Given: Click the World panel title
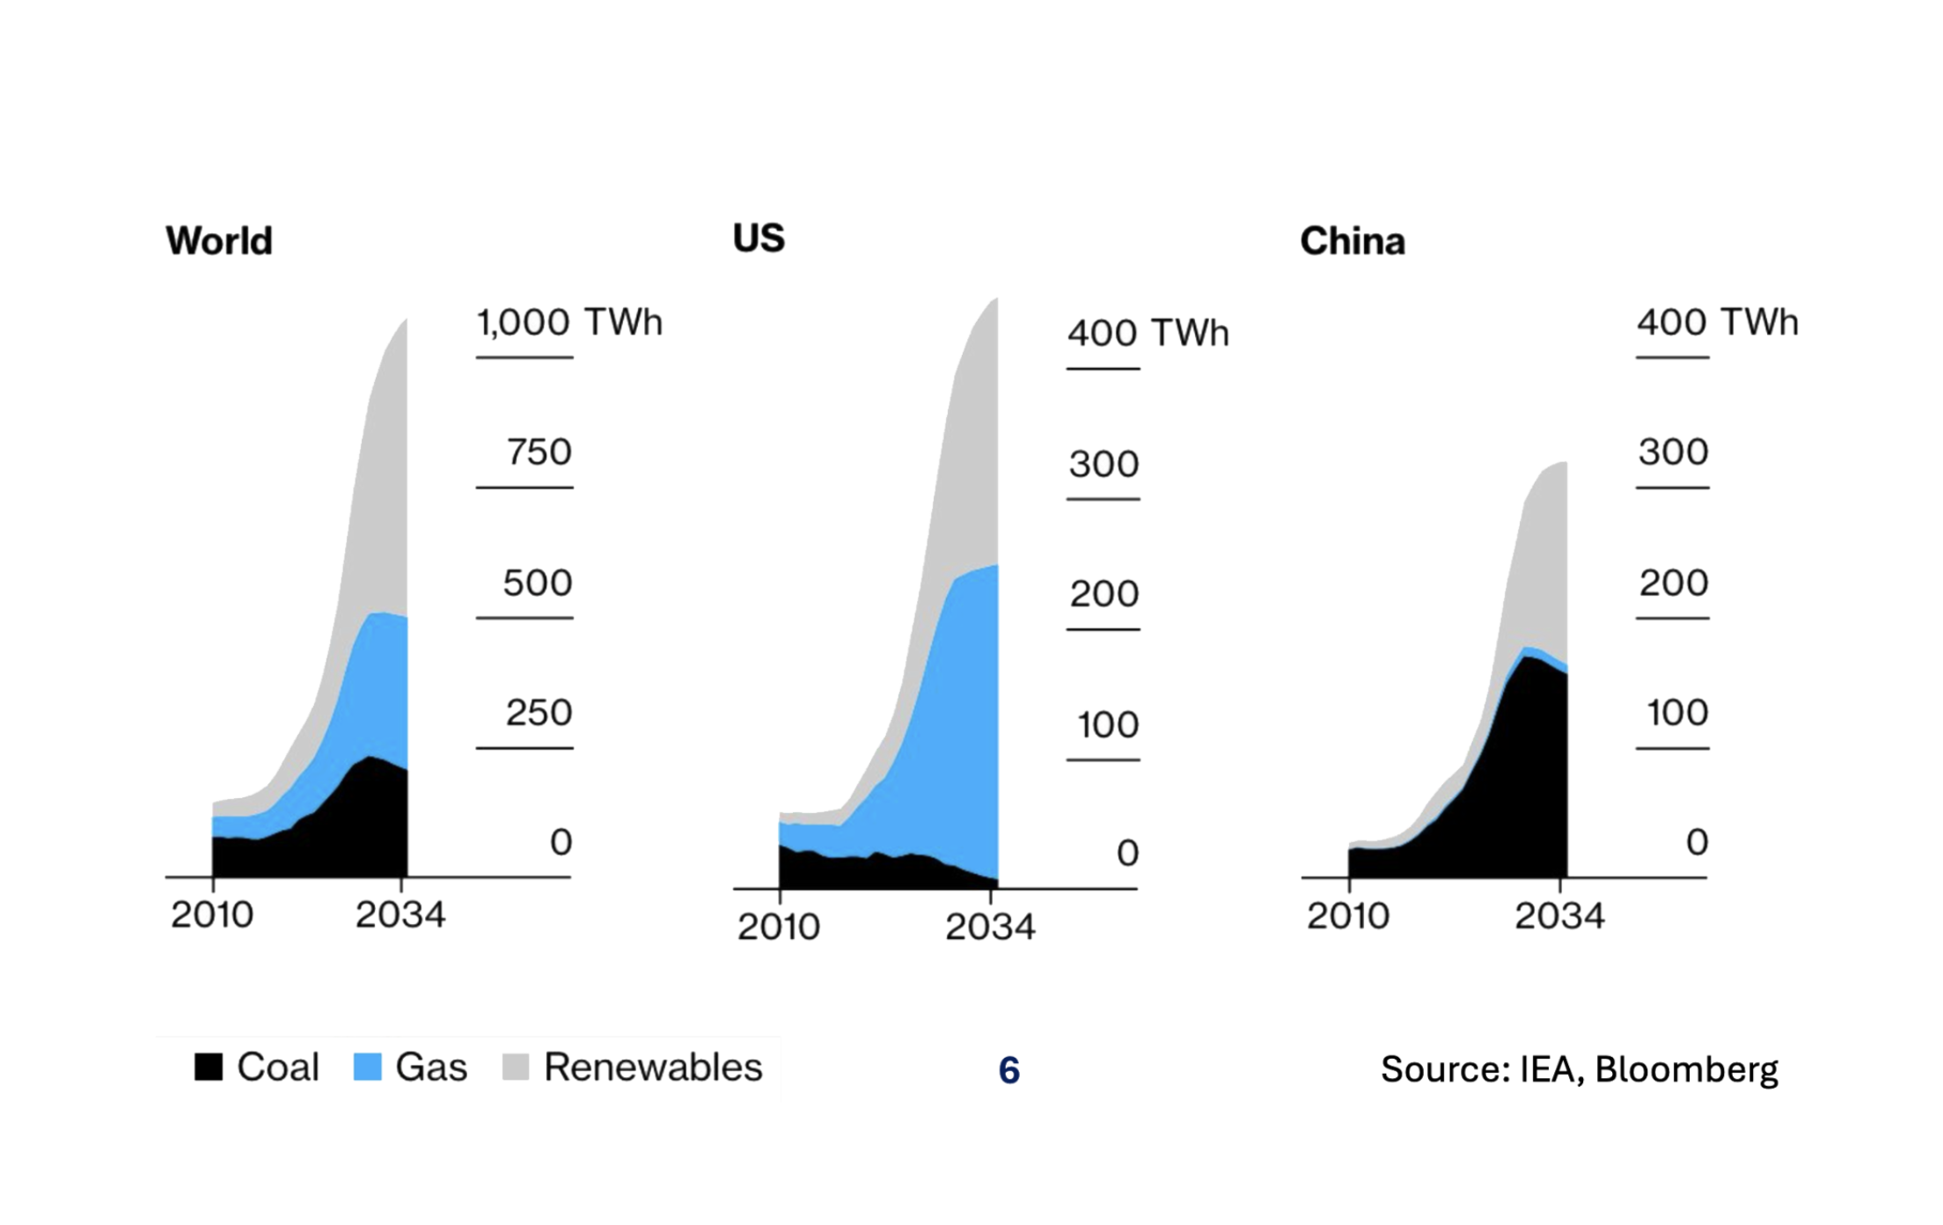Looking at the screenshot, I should pyautogui.click(x=219, y=240).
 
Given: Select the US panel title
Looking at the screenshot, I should pyautogui.click(x=759, y=238).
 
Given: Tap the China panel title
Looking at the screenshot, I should pyautogui.click(x=1353, y=241).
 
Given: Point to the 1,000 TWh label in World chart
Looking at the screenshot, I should pyautogui.click(x=568, y=322).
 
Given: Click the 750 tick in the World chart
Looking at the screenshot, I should pyautogui.click(x=539, y=452).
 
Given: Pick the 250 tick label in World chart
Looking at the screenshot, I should pyautogui.click(x=539, y=713).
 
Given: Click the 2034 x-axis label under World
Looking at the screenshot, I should pyautogui.click(x=400, y=915).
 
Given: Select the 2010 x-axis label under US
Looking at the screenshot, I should pyautogui.click(x=779, y=927).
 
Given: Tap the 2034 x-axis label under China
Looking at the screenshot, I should pyautogui.click(x=1559, y=916).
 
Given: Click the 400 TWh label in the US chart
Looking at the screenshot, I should pyautogui.click(x=1147, y=334).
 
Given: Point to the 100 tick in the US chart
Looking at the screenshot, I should pyautogui.click(x=1108, y=725).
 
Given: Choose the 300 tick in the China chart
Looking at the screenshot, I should pyautogui.click(x=1673, y=452).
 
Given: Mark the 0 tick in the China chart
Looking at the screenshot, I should pyautogui.click(x=1697, y=843).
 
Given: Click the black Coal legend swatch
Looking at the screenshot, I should pyautogui.click(x=209, y=1067).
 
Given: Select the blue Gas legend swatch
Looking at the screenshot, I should pyautogui.click(x=367, y=1067).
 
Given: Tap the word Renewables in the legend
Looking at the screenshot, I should pyautogui.click(x=653, y=1067).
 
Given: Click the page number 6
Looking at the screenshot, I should pyautogui.click(x=1009, y=1070).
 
